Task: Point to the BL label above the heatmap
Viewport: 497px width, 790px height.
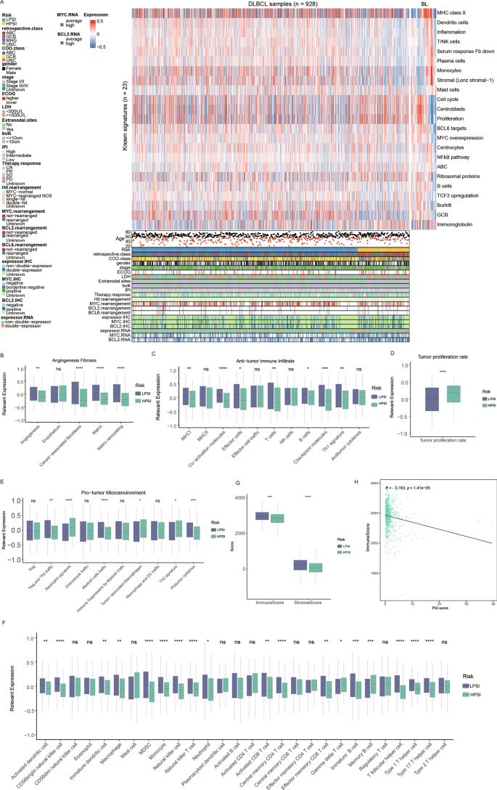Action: point(424,4)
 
